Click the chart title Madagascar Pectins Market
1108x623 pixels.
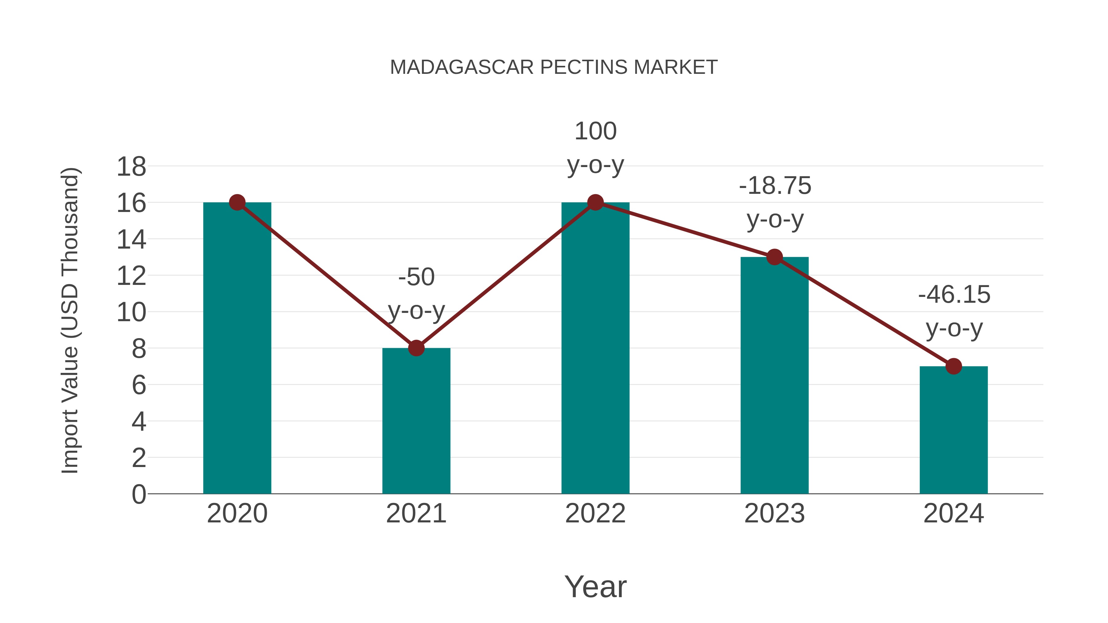point(554,67)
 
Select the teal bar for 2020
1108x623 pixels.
point(237,348)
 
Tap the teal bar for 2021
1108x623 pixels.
point(416,421)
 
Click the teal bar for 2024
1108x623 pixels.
point(953,430)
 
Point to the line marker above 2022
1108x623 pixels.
point(595,202)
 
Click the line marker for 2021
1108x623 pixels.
point(416,348)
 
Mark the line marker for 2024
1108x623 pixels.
point(953,366)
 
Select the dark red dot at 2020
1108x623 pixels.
point(237,202)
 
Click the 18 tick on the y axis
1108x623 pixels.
point(131,166)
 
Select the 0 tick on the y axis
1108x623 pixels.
point(138,494)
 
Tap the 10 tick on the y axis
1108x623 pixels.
point(131,312)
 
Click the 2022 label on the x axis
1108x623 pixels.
point(595,513)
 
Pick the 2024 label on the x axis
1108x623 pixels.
point(953,513)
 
